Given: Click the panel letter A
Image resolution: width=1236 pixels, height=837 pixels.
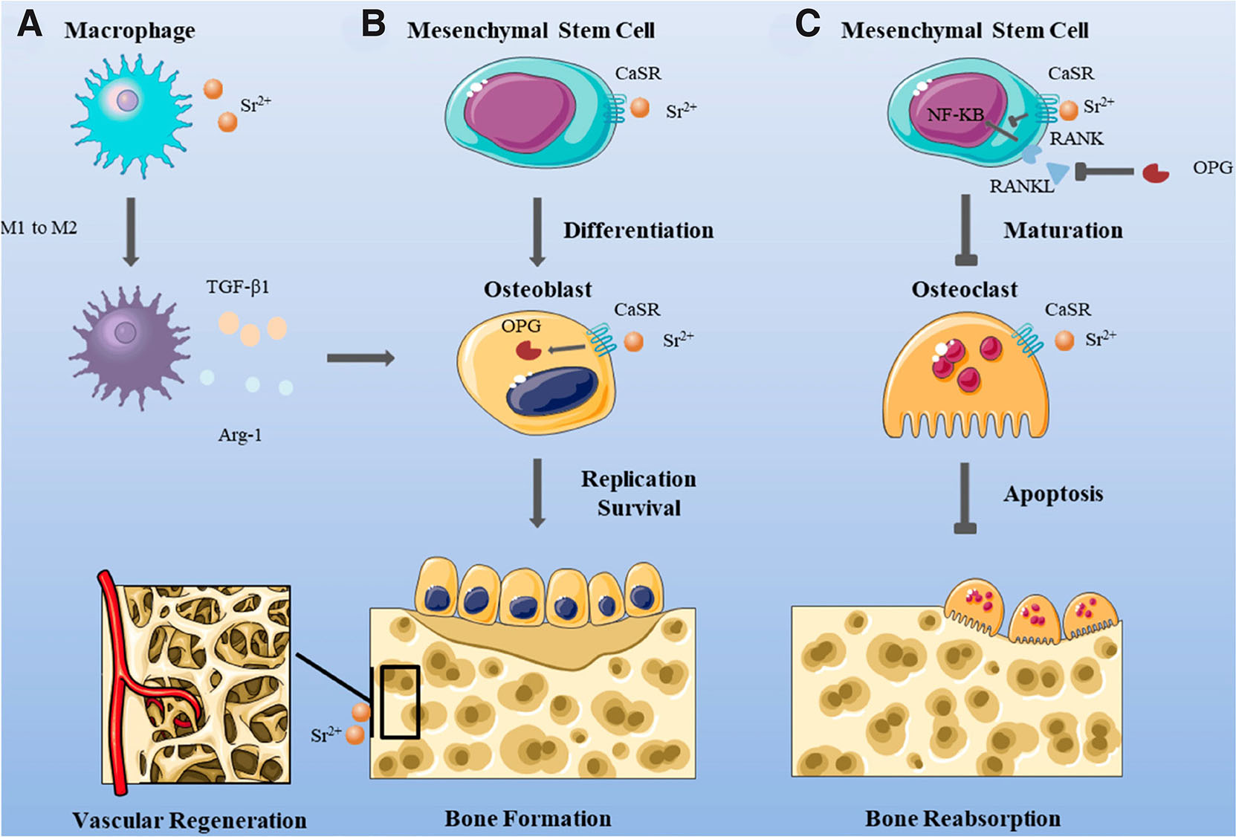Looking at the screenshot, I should pyautogui.click(x=30, y=24).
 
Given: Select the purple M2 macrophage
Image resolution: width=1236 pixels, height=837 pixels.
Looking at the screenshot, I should pyautogui.click(x=127, y=346).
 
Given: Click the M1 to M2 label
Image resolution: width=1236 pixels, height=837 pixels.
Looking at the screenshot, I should pyautogui.click(x=39, y=227).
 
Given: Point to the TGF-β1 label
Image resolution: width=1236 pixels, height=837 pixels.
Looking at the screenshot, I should pyautogui.click(x=238, y=287).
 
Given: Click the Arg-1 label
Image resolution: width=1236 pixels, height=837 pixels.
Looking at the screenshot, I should pyautogui.click(x=239, y=435).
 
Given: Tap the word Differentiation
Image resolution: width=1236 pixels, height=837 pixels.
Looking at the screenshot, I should pyautogui.click(x=638, y=230).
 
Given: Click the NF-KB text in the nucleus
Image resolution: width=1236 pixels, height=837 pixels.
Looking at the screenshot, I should pyautogui.click(x=955, y=114).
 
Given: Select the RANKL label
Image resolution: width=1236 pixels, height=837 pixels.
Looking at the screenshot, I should pyautogui.click(x=1021, y=187).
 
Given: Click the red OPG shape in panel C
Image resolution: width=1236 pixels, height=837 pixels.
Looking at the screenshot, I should pyautogui.click(x=1155, y=173).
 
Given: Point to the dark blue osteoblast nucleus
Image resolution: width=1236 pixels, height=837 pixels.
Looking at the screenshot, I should pyautogui.click(x=552, y=390).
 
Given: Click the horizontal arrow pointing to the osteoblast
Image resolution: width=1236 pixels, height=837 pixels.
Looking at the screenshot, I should pyautogui.click(x=360, y=358).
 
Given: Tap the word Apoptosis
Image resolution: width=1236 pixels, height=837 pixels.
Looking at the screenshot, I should pyautogui.click(x=1052, y=494).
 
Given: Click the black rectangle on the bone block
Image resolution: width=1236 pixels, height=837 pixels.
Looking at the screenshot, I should pyautogui.click(x=400, y=702).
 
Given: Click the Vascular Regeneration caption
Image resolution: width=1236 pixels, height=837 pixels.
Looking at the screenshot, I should pyautogui.click(x=190, y=820).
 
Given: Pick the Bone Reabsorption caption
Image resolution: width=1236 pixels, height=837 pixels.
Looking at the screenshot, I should pyautogui.click(x=962, y=818).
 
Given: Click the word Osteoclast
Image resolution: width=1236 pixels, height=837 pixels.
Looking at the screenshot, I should pyautogui.click(x=964, y=289).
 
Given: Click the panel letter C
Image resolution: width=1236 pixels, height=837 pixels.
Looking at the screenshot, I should pyautogui.click(x=808, y=24).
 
